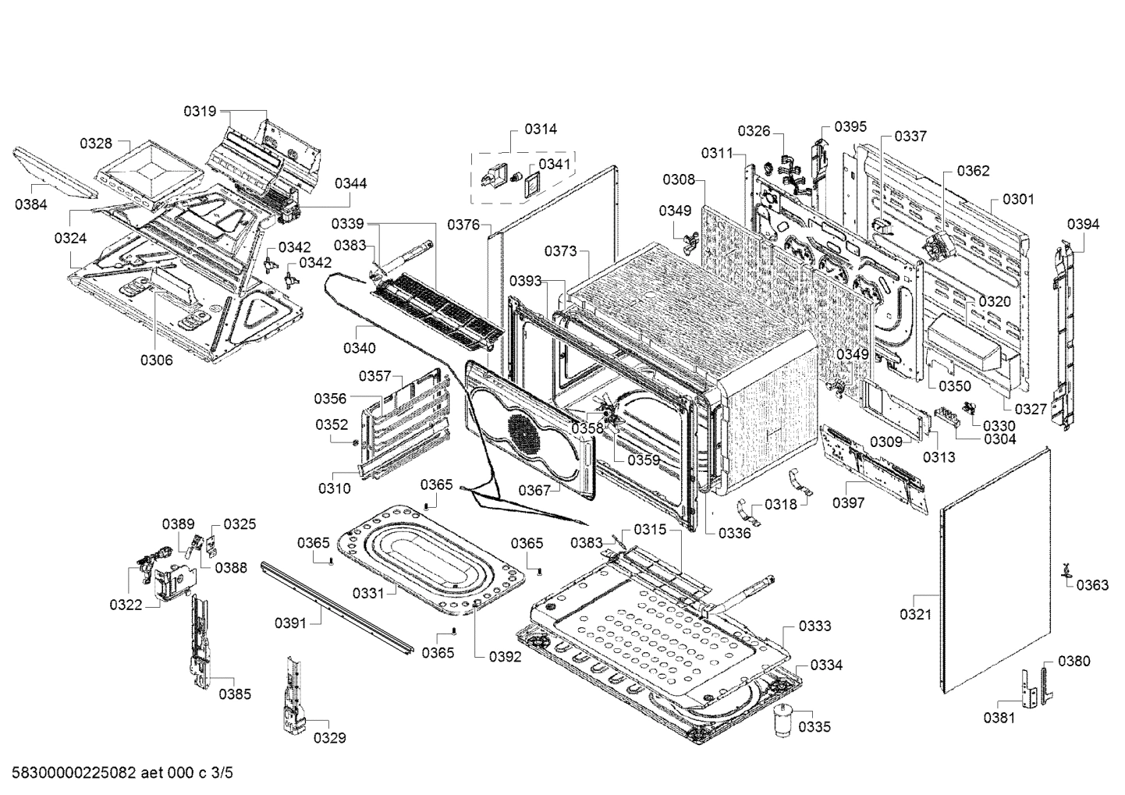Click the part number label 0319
click(200, 112)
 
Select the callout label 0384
click(30, 204)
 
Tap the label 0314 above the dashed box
click(541, 129)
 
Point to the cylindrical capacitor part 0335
click(783, 719)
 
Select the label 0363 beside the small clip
click(1092, 584)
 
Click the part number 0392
click(505, 656)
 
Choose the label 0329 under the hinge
click(330, 737)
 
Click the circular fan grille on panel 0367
click(524, 434)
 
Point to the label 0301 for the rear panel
click(1018, 199)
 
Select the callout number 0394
click(1083, 225)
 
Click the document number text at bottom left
click(117, 773)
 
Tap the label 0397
click(848, 503)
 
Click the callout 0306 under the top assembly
click(157, 360)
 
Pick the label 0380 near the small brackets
click(1074, 661)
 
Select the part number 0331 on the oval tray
click(368, 593)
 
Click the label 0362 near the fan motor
click(973, 171)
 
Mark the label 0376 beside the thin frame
click(463, 225)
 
